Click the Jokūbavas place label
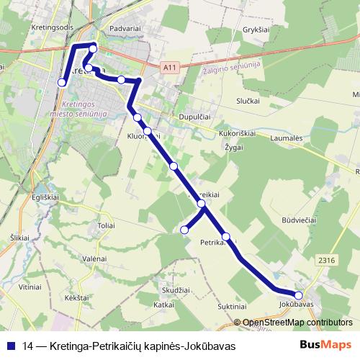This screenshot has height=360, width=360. tap(296, 305)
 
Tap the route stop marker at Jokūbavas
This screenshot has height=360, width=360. tap(299, 294)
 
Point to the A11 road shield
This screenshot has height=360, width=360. tap(169, 68)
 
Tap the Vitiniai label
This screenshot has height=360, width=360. tap(30, 287)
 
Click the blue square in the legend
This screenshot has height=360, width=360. tap(11, 346)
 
